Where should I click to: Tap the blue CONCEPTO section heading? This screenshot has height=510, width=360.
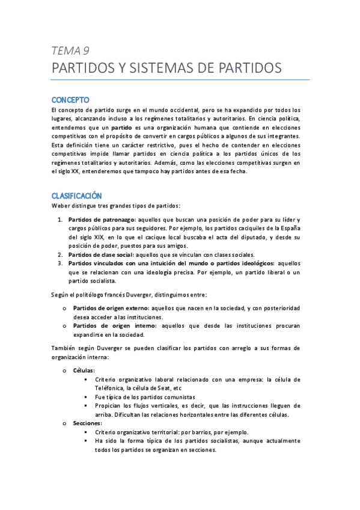70,99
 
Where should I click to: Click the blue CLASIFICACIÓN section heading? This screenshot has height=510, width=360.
76,196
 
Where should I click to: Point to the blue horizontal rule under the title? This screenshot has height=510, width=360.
180,79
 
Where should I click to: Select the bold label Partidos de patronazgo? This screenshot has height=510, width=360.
102,220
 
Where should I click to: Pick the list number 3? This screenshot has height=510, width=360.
60,263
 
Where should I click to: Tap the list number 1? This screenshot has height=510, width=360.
60,220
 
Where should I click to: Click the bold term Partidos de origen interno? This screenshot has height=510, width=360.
109,325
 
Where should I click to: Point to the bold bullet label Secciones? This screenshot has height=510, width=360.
87,423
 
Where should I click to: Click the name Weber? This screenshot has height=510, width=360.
61,206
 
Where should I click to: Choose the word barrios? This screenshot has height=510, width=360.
197,432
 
